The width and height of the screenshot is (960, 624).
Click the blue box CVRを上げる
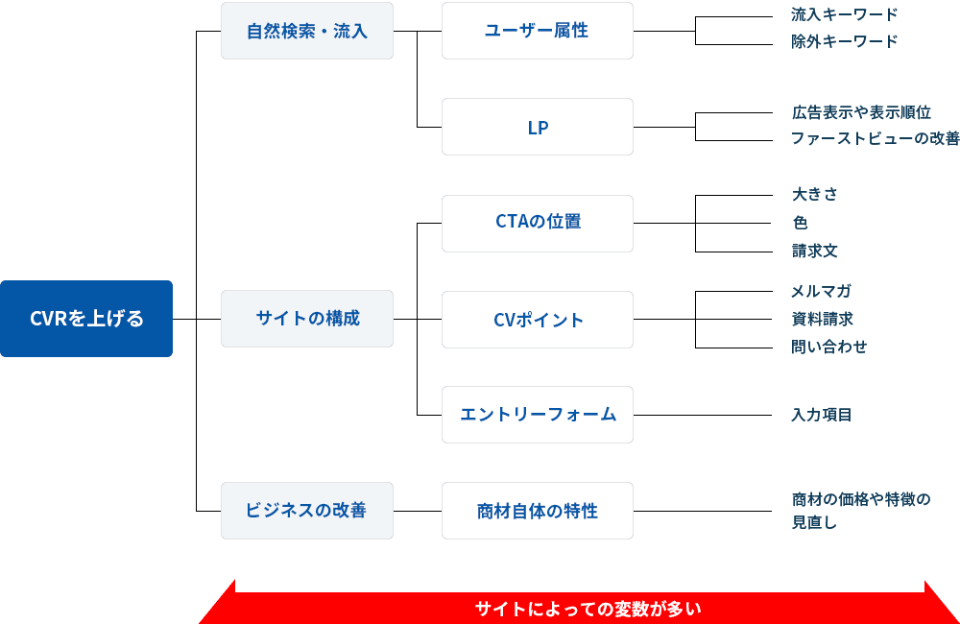86,319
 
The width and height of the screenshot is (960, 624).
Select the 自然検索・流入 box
307,31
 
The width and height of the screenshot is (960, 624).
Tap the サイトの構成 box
307,319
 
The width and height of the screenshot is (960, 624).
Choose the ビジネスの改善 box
307,511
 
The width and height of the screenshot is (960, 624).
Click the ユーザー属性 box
538,31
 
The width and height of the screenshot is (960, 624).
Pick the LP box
538,127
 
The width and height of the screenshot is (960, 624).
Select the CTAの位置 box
538,223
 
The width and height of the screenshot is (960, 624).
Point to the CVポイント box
538,320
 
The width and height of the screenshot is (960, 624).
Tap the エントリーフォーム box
538,415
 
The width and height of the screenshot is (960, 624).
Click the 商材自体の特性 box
538,511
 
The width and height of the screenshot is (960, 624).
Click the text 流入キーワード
845,14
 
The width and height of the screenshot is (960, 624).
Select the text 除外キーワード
845,41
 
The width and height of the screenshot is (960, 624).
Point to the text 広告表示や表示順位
861,112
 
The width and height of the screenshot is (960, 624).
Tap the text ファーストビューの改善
875,138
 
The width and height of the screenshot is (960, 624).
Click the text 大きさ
815,194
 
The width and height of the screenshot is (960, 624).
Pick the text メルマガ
821,291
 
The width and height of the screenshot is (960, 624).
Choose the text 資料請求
822,319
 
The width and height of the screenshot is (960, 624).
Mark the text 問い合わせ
828,347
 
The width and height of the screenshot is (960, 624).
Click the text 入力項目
822,415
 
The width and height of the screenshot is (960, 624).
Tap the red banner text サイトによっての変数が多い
588,609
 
